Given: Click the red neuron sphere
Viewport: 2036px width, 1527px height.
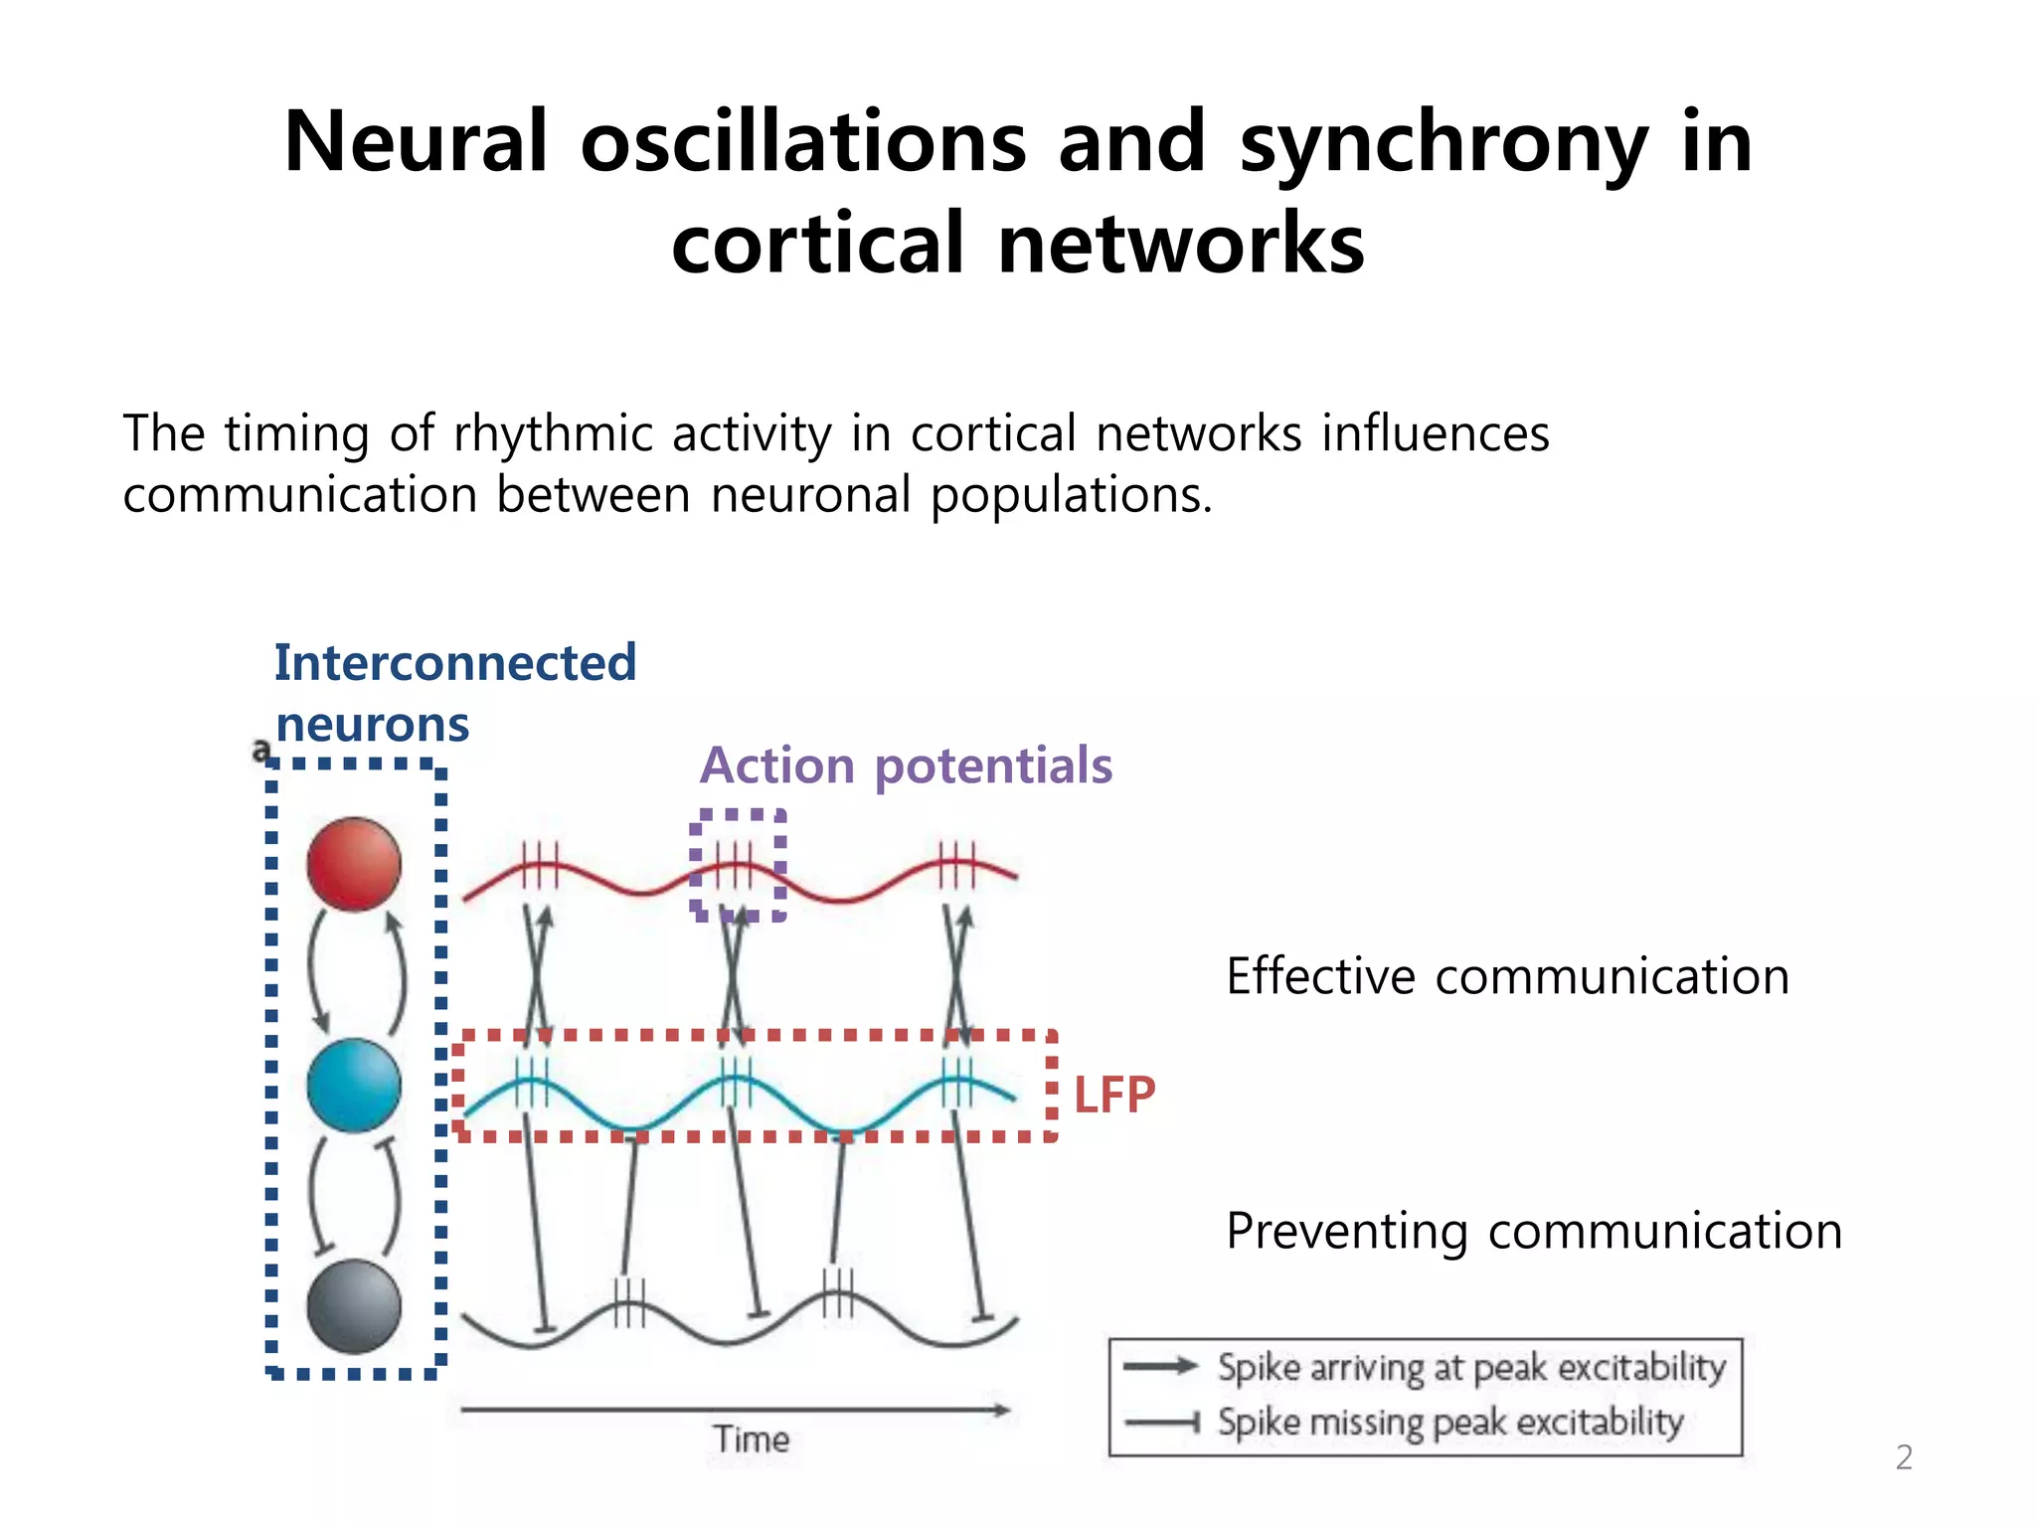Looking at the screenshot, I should pos(354,864).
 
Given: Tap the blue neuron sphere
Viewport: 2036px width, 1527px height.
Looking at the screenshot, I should pos(354,1085).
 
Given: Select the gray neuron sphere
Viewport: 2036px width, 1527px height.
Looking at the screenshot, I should pos(354,1306).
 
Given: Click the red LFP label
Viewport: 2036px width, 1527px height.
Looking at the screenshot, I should pos(1114,1096).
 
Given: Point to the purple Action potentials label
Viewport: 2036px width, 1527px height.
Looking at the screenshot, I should pos(906,765).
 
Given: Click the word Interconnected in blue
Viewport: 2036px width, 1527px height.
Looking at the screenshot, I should pos(455,663).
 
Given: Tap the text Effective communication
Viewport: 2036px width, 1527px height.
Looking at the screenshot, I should pos(1507,976).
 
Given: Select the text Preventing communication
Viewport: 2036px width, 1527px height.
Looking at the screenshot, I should pos(1534,1231).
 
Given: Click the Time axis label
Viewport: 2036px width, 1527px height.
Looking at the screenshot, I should pos(752,1440).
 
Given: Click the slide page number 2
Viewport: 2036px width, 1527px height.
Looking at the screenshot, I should pos(1904,1457).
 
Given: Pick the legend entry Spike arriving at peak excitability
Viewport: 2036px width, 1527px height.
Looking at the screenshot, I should pos(1471,1368).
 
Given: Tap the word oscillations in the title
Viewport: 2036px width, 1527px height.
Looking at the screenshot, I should pos(803,142).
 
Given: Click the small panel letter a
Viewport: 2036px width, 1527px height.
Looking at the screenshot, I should pos(261,751).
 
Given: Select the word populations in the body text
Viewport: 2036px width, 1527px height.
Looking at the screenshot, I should pos(1072,495).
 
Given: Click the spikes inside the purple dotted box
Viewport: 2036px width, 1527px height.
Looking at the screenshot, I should pos(736,865).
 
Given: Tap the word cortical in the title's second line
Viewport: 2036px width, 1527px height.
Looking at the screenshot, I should pos(818,245).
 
